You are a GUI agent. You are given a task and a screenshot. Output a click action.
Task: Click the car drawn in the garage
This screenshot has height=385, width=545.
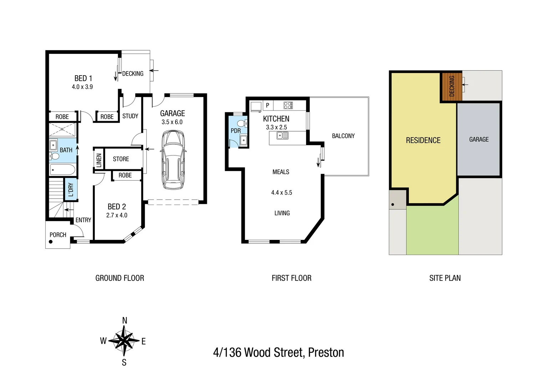point(173,160)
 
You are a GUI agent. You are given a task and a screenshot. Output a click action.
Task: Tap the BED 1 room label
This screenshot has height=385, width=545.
point(83,78)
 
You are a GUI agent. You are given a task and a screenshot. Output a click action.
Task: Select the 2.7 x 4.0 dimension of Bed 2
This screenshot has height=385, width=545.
point(117,215)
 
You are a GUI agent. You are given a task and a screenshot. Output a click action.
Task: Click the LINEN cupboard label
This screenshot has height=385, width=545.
point(99,160)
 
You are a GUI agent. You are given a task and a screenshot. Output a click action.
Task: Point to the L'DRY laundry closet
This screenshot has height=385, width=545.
point(71,190)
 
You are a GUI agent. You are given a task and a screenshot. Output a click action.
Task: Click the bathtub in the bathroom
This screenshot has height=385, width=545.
point(63,170)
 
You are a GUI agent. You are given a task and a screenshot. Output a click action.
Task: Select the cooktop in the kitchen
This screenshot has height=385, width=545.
point(288,106)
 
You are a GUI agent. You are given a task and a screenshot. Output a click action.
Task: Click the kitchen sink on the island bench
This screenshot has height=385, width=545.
point(282,135)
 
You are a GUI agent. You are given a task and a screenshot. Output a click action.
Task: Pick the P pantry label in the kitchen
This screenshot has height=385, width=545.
point(268,106)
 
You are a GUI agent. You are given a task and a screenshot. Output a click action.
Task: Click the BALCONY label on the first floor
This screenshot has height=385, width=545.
point(343,136)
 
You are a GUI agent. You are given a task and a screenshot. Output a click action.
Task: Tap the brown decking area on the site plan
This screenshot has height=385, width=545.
point(452,87)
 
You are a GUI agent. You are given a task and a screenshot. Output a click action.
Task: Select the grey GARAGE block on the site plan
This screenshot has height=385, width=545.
point(479,139)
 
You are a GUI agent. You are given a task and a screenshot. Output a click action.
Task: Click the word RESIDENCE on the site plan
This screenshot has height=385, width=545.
point(423,140)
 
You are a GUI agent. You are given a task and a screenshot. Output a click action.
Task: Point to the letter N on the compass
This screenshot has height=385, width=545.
point(124,320)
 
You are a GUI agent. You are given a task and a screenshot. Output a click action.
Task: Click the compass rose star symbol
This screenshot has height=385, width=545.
point(124,341)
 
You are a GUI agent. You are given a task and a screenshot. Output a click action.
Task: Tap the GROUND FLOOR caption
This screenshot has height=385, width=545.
point(119,278)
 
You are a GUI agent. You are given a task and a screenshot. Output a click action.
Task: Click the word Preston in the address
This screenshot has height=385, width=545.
point(326,353)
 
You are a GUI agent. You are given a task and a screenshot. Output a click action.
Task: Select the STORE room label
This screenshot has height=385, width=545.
point(121,159)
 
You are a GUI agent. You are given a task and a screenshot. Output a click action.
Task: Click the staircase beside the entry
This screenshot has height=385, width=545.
point(56,200)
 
